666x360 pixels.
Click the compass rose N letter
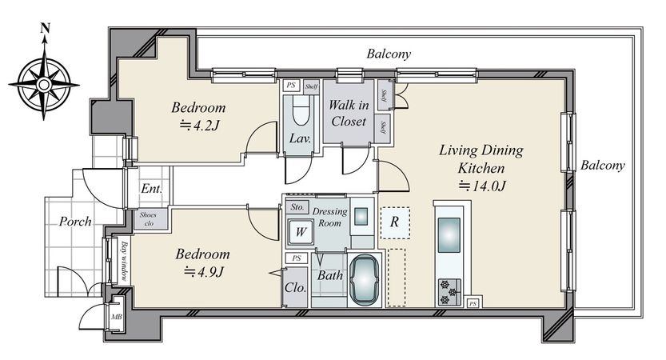[x=45, y=29]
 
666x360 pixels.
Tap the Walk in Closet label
[x=349, y=113]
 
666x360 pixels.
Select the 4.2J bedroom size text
[x=200, y=125]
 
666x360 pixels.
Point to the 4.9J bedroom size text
[x=203, y=271]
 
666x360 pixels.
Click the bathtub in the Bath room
[x=364, y=280]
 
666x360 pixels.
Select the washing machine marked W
[x=301, y=232]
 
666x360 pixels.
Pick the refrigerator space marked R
[x=395, y=222]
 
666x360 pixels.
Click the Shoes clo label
[x=148, y=219]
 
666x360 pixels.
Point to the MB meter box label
[x=116, y=317]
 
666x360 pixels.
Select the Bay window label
[x=124, y=262]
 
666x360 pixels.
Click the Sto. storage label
[x=297, y=207]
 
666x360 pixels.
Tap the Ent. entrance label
[x=152, y=188]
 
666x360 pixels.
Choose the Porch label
[x=75, y=221]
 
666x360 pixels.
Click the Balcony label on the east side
[x=603, y=166]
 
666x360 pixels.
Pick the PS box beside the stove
[x=473, y=303]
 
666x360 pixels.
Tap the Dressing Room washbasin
[x=361, y=216]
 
